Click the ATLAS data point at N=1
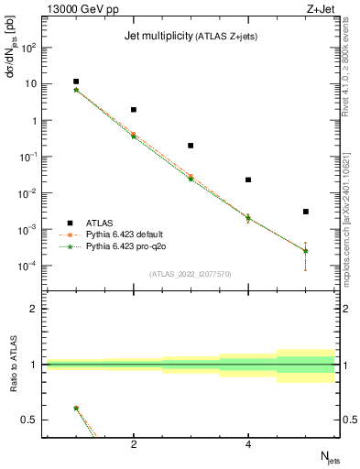click(x=76, y=82)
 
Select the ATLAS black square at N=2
click(x=134, y=110)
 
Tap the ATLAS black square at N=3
click(x=191, y=146)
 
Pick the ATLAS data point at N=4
click(x=248, y=180)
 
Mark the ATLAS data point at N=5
click(x=306, y=212)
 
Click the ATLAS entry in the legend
click(x=100, y=223)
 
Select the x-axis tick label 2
click(x=134, y=445)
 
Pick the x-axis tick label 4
click(x=248, y=445)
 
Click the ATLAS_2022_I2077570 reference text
click(x=191, y=274)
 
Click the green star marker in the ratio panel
click(x=76, y=409)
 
